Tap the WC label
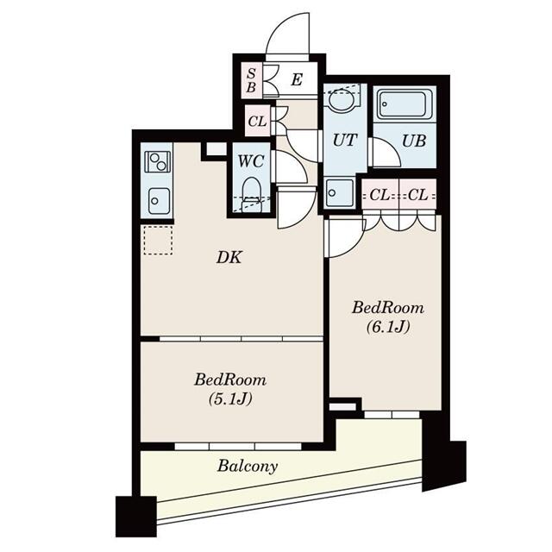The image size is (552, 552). click(252, 160)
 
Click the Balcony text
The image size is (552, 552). click(248, 467)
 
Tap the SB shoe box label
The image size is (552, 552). click(251, 80)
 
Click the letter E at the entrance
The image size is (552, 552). click(296, 81)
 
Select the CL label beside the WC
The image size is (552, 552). click(257, 122)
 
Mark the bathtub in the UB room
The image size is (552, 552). click(403, 105)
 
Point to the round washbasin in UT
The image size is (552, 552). click(342, 100)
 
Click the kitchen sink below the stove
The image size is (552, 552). click(157, 201)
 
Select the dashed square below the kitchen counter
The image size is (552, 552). click(158, 240)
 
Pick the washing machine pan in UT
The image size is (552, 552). click(339, 193)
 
